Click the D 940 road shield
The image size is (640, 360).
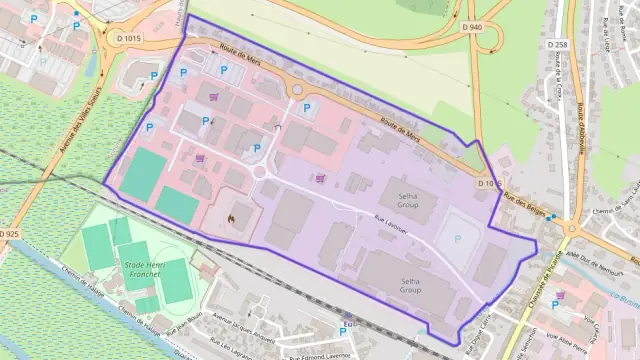click(x=474, y=27)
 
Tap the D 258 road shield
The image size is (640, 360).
click(x=557, y=44)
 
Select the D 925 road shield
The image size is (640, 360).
click(x=10, y=233)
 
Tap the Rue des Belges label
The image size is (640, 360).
click(x=524, y=201)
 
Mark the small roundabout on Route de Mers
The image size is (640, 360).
click(x=296, y=90)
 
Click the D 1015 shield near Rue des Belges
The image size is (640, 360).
click(x=489, y=184)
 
